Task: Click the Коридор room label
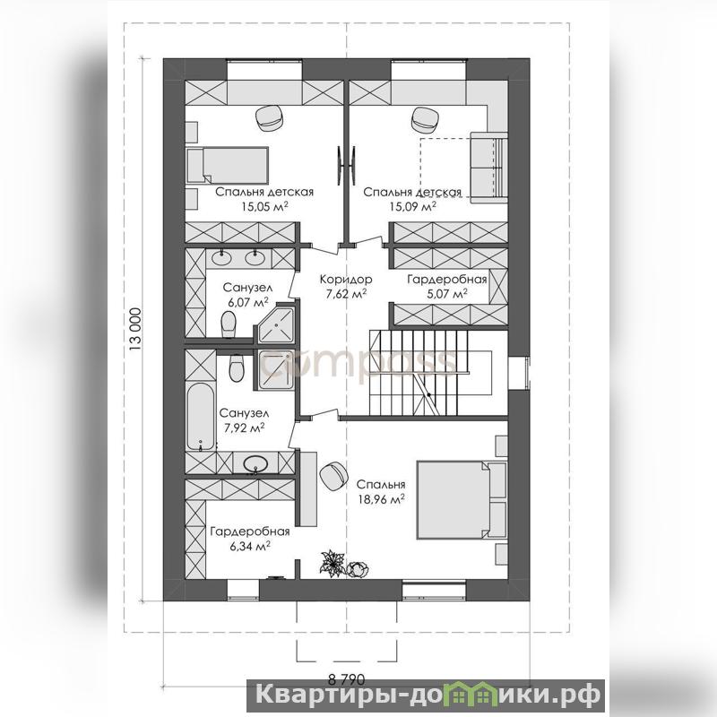click(x=346, y=279)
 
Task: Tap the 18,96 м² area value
click(x=381, y=499)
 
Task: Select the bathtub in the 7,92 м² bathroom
click(x=200, y=415)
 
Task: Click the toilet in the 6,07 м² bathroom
click(x=228, y=324)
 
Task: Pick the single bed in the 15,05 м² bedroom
click(x=228, y=164)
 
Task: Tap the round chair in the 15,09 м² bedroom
click(x=426, y=119)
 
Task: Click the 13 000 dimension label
click(x=135, y=328)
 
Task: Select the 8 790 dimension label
click(x=347, y=678)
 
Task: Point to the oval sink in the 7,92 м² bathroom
click(x=256, y=464)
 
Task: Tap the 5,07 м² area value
click(x=446, y=293)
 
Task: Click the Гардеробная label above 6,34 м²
click(x=250, y=531)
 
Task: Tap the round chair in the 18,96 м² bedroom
click(x=333, y=476)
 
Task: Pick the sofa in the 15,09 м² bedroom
click(x=488, y=167)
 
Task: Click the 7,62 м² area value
click(x=346, y=293)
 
